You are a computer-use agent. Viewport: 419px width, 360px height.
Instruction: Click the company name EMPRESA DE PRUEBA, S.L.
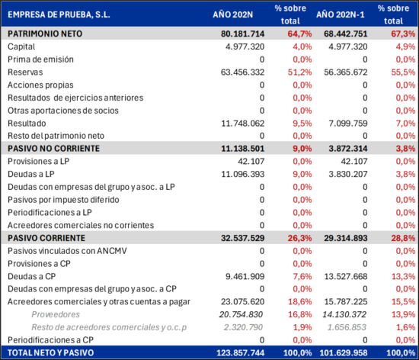pos(59,14)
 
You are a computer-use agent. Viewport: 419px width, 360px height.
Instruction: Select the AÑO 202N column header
pos(233,14)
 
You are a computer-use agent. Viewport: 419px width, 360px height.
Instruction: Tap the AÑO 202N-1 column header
pos(341,14)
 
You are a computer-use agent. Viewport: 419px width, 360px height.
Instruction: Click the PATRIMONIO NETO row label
pos(45,34)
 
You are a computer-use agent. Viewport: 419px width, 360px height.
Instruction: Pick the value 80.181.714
pos(242,34)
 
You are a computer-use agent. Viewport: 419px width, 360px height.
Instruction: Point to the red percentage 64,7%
pos(299,34)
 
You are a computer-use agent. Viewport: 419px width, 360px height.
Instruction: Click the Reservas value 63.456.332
pos(242,72)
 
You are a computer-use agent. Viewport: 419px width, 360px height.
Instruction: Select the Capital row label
pos(21,47)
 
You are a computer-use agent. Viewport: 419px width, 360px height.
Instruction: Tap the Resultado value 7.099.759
pos(348,124)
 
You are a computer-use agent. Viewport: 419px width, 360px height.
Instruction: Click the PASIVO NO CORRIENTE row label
pos(53,149)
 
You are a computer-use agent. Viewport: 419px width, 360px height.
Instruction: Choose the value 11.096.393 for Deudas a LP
pos(242,174)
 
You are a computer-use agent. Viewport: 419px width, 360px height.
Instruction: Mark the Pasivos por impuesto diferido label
pos(63,200)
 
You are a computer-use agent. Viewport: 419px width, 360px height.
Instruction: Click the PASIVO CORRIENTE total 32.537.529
pos(242,238)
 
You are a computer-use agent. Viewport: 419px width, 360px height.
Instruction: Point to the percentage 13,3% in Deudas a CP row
pos(404,276)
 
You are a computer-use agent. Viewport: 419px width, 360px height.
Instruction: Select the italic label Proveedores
pos(56,314)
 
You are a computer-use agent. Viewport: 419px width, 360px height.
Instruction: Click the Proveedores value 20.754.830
pos(241,314)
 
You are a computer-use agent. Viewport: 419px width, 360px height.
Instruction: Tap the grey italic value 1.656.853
pos(347,327)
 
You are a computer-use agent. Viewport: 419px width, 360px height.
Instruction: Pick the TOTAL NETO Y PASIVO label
pos(51,353)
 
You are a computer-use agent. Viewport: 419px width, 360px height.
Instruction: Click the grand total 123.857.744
pos(240,353)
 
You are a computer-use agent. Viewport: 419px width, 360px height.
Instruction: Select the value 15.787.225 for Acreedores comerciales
pos(346,302)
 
